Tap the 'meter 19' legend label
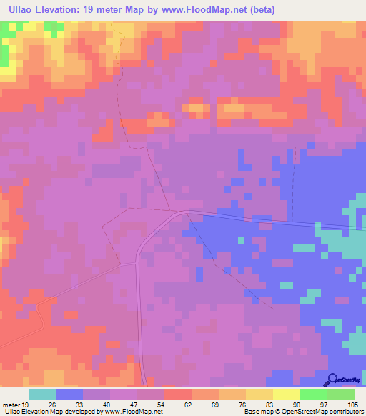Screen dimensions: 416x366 (x=15, y=404)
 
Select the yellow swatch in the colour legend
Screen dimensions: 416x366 (x=286, y=394)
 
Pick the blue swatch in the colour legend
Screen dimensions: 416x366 (x=69, y=394)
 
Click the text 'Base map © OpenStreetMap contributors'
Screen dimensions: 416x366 (x=303, y=412)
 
